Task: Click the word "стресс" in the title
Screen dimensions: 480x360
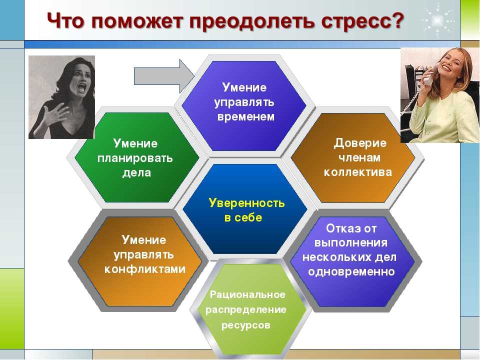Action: pyautogui.click(x=361, y=21)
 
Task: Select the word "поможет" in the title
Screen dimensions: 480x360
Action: pyautogui.click(x=137, y=21)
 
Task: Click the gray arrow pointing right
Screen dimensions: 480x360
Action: pyautogui.click(x=164, y=76)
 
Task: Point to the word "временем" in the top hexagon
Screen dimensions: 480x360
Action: pyautogui.click(x=246, y=116)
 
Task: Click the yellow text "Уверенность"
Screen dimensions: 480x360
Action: pyautogui.click(x=246, y=203)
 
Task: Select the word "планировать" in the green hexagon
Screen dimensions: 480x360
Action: pyautogui.click(x=135, y=158)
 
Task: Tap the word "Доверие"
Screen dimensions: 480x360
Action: pyautogui.click(x=360, y=143)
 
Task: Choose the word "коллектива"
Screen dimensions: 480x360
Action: pyautogui.click(x=358, y=172)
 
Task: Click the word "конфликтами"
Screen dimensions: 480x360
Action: pyautogui.click(x=145, y=269)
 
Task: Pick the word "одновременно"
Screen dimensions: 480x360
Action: pyautogui.click(x=351, y=271)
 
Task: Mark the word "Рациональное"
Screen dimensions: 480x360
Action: pyautogui.click(x=247, y=294)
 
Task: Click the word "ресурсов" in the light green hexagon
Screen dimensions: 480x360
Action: pyautogui.click(x=246, y=325)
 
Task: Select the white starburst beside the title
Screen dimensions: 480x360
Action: pyautogui.click(x=437, y=20)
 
